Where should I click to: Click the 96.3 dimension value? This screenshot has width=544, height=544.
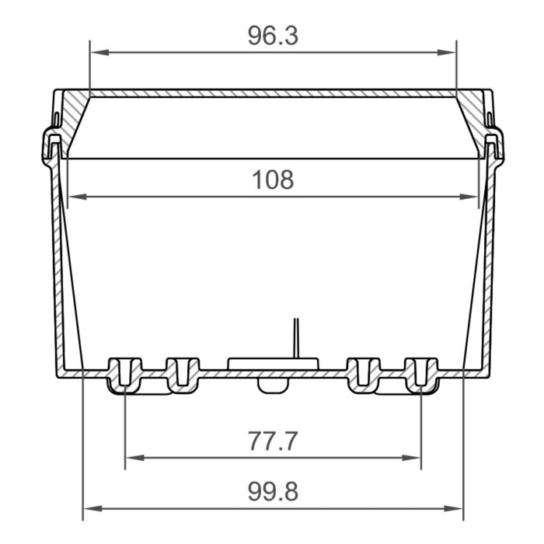(273, 36)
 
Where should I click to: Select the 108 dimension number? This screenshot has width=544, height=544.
(273, 180)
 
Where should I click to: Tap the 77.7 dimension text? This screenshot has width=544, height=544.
(273, 441)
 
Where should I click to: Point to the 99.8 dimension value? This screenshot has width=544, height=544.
(273, 492)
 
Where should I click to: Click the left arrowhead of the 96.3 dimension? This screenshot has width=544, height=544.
(99, 52)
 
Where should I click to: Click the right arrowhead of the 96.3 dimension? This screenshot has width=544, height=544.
(447, 52)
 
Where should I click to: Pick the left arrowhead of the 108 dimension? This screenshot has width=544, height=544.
(78, 197)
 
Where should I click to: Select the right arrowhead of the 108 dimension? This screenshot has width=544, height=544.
(469, 197)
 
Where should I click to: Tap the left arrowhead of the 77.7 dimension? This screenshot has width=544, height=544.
(135, 458)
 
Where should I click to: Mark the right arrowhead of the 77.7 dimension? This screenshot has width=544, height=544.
(411, 458)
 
